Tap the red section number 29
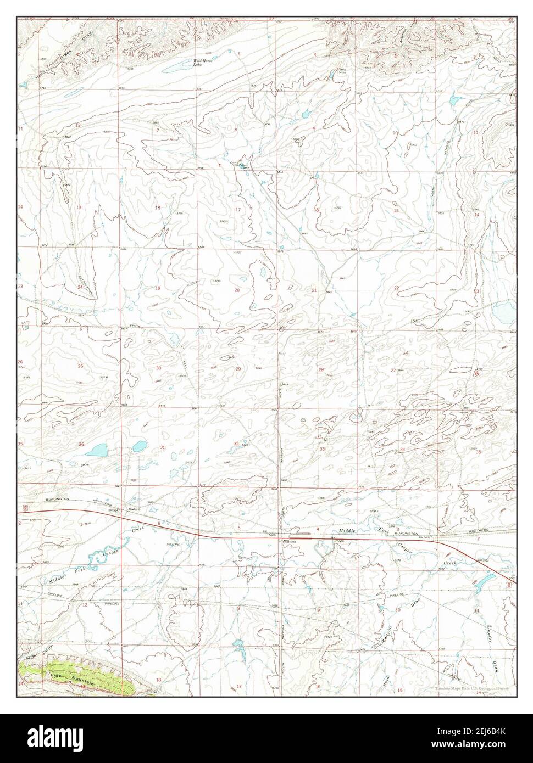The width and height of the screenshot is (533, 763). pos(238,369)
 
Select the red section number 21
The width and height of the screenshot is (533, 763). pos(314,289)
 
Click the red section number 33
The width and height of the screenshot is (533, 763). pos(322,449)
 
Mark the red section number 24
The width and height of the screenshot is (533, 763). pos(80,287)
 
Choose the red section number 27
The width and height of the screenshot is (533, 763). pos(393,371)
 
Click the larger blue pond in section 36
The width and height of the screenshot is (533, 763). pos(99,450)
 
